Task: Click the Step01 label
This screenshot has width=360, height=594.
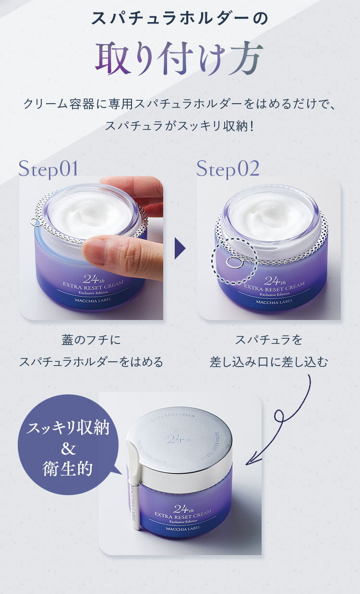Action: click(48, 169)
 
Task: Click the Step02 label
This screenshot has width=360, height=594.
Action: click(228, 169)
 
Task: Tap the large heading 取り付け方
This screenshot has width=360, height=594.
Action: click(179, 58)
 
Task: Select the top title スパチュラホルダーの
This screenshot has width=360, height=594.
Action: click(180, 19)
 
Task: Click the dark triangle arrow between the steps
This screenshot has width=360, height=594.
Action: click(180, 248)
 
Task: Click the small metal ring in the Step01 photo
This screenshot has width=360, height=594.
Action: click(35, 222)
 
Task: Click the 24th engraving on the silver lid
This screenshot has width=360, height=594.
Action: click(179, 439)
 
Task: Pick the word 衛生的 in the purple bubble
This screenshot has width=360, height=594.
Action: click(67, 469)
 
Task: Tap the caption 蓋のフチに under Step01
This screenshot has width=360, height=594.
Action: click(91, 340)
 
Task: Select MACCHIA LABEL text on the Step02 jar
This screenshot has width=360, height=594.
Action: click(274, 302)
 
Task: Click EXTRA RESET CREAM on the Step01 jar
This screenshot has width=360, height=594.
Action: click(93, 285)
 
